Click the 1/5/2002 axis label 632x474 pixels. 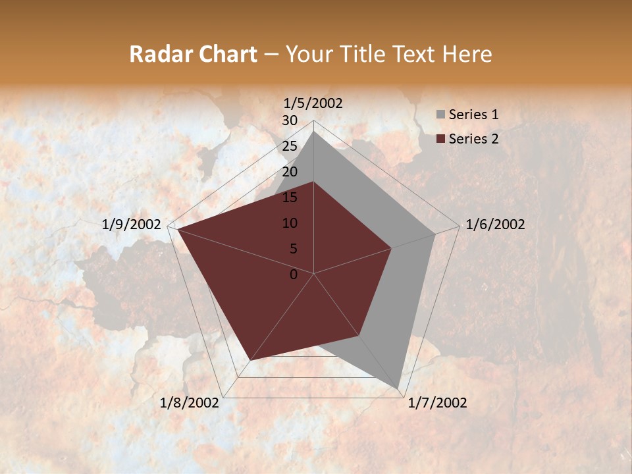(x=313, y=103)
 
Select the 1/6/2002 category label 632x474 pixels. (x=495, y=224)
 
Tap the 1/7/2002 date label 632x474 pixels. (x=437, y=403)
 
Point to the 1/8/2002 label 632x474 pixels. (x=190, y=403)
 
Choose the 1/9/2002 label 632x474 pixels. (x=132, y=224)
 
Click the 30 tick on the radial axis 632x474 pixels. (x=290, y=120)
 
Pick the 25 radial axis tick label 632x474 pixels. (x=290, y=146)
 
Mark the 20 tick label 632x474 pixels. (x=290, y=172)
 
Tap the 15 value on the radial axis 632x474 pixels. (x=290, y=197)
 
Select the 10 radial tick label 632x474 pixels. (x=290, y=223)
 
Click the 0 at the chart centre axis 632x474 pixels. (x=294, y=275)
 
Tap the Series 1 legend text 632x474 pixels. (x=473, y=115)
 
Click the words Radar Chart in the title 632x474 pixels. (x=193, y=54)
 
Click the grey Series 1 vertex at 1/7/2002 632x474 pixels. (x=398, y=387)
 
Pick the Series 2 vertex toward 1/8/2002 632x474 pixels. (x=250, y=360)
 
